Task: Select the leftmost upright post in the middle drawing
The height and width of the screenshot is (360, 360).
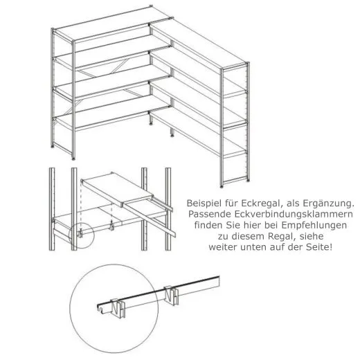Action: pyautogui.click(x=52, y=208)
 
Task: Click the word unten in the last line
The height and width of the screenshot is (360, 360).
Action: pyautogui.click(x=256, y=247)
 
